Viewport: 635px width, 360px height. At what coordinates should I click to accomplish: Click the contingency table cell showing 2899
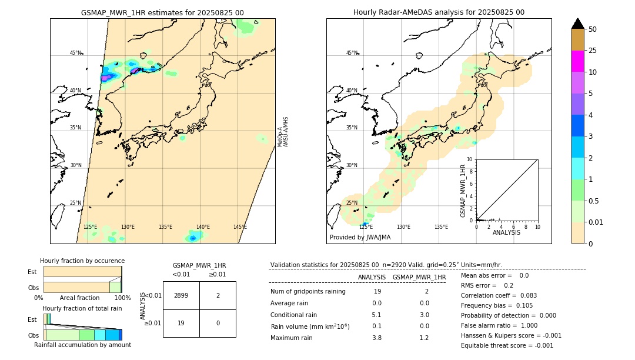click(x=181, y=295)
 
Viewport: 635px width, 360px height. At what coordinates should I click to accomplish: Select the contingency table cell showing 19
click(x=181, y=323)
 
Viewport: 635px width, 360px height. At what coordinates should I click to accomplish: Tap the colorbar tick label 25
click(x=593, y=51)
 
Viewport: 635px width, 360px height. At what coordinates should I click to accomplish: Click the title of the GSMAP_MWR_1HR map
click(x=162, y=12)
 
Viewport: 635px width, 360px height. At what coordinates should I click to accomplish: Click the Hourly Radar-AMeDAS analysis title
click(x=439, y=12)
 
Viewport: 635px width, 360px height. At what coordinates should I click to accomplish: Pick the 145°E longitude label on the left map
click(x=240, y=227)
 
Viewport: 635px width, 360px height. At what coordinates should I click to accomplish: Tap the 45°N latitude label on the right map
click(x=352, y=53)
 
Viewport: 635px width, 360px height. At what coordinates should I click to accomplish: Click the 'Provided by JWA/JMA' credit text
click(x=360, y=238)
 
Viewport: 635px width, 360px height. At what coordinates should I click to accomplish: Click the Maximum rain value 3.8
click(x=376, y=338)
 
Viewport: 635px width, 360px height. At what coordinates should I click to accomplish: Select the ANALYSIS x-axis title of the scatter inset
click(x=506, y=233)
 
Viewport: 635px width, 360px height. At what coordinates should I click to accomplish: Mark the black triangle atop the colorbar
click(x=578, y=24)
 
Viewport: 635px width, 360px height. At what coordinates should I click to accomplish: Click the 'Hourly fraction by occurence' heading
click(x=82, y=261)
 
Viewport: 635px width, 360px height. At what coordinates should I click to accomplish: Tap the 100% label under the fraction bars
click(x=122, y=298)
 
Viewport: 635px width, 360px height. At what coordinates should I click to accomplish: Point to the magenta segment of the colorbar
click(x=578, y=61)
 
